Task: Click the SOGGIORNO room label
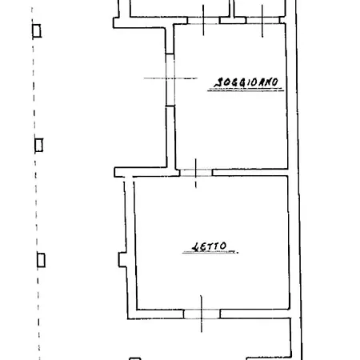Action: click(x=246, y=82)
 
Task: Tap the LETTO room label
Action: click(x=210, y=246)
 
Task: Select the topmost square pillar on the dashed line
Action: click(x=37, y=30)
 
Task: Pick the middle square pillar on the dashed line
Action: click(x=38, y=145)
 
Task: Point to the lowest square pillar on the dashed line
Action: click(x=41, y=260)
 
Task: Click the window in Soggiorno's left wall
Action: click(x=170, y=80)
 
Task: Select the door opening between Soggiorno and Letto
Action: click(x=196, y=173)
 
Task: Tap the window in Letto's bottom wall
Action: click(x=202, y=314)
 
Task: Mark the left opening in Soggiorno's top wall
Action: click(x=203, y=20)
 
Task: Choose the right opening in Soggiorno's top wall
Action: click(x=262, y=20)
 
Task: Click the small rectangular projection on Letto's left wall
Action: click(x=122, y=259)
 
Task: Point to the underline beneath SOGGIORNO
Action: click(x=246, y=90)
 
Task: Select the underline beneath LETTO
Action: click(x=210, y=252)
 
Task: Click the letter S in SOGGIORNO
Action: click(x=218, y=83)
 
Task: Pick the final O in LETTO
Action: click(x=223, y=246)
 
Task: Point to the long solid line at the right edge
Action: click(x=298, y=180)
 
